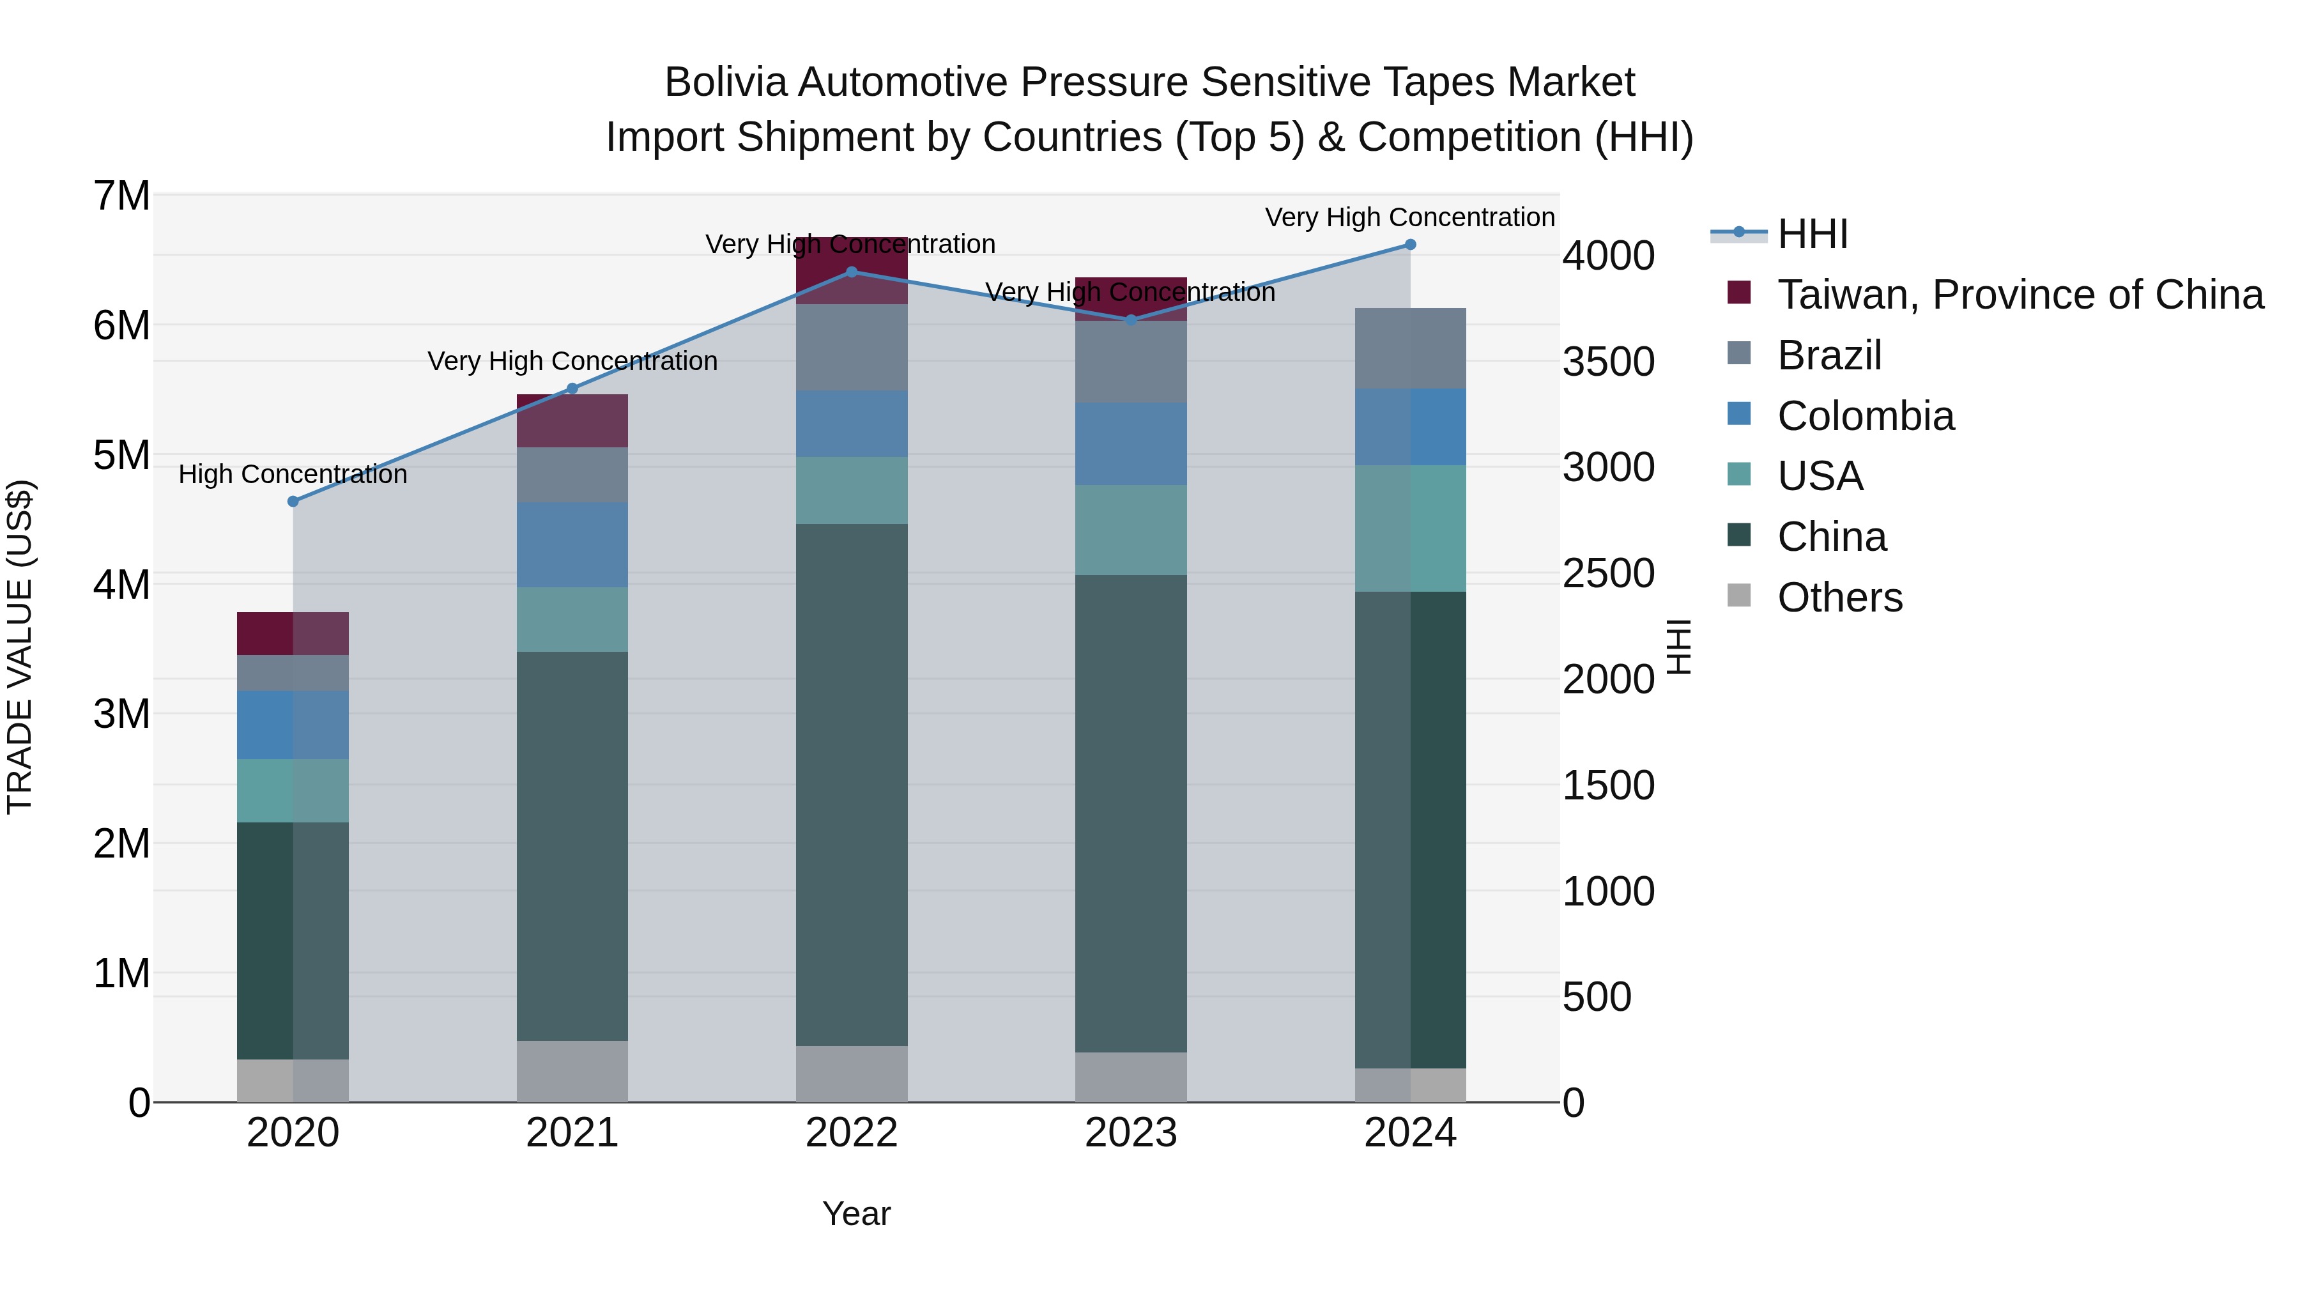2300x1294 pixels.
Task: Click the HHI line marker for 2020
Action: [293, 501]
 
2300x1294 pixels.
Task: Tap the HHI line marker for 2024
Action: [1411, 244]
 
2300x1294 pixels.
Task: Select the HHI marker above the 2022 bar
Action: [851, 272]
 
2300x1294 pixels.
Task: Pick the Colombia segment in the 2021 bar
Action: [572, 544]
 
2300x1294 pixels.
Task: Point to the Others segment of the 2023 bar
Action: [1130, 1076]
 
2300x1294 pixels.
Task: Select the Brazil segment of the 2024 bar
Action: [1411, 348]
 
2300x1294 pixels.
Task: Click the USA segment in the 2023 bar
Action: [1130, 530]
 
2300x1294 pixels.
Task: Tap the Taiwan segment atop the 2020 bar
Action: [293, 633]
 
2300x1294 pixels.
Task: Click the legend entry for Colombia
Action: [1865, 416]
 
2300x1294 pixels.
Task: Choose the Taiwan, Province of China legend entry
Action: [2020, 295]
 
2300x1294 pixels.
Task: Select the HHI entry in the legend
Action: [1812, 234]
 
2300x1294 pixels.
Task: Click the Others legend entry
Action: [1839, 597]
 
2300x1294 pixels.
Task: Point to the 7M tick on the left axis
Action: [122, 196]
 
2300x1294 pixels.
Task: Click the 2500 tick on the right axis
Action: [1608, 573]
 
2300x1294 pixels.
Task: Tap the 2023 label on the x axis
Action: [1130, 1133]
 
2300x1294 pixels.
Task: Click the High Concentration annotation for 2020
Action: [293, 474]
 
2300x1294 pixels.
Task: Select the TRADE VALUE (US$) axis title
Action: [20, 647]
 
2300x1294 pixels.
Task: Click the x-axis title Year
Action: [855, 1213]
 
